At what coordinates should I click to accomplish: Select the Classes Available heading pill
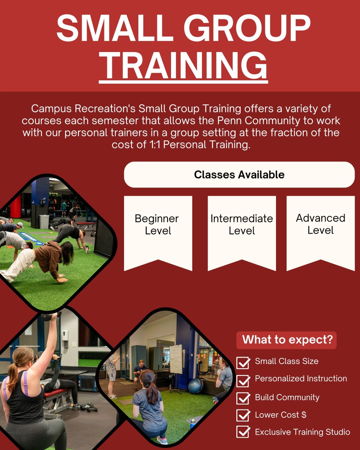(239, 175)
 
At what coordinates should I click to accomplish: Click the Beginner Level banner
(158, 229)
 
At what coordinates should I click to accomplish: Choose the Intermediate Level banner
(241, 229)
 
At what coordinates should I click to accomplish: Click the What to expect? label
(287, 340)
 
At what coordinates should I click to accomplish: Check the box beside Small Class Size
(243, 363)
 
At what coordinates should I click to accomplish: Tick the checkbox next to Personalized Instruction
(243, 380)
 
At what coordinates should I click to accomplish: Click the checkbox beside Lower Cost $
(243, 415)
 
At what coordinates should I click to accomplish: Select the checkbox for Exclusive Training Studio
(243, 432)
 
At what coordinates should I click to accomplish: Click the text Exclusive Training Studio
(302, 432)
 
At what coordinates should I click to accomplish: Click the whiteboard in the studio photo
(175, 359)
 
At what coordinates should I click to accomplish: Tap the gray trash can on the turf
(44, 221)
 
